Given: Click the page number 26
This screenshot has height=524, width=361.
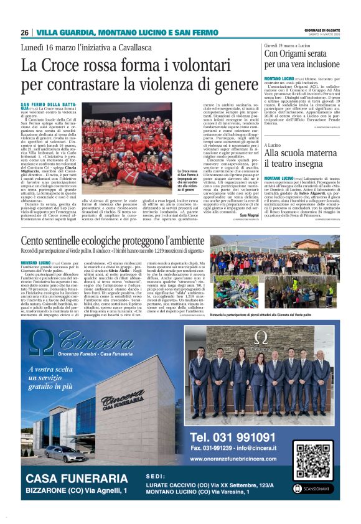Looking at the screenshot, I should point(24,32).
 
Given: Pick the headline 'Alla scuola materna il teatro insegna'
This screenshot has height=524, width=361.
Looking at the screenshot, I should point(301,158).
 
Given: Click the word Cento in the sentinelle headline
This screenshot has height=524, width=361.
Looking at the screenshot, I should point(32,241).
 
